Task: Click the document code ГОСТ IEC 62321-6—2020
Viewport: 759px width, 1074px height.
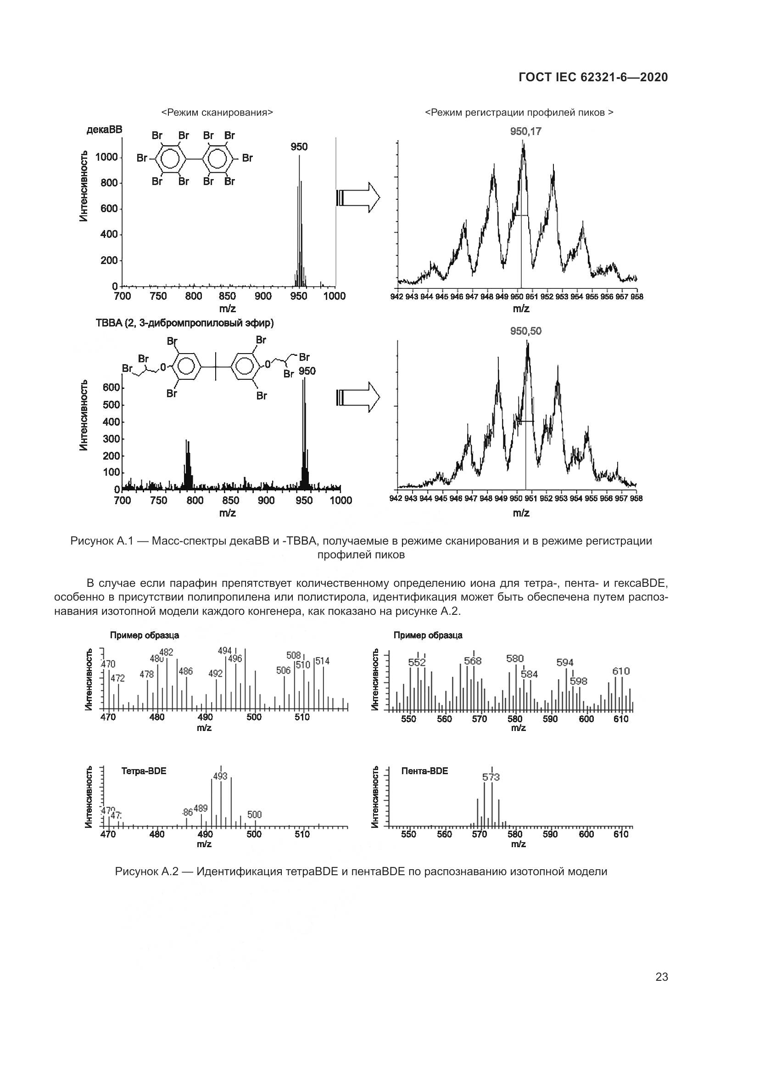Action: click(593, 77)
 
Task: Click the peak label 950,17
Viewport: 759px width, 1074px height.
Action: click(526, 131)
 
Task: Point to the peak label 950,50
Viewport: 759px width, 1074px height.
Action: click(526, 331)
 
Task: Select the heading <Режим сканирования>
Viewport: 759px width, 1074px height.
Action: click(218, 113)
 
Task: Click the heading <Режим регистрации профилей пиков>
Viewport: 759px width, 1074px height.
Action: click(519, 113)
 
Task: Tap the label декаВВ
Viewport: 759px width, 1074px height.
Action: click(104, 130)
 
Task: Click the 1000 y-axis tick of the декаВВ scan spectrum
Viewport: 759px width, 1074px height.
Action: click(106, 157)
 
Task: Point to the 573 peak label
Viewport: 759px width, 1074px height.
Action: click(491, 777)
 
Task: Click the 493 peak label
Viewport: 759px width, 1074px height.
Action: click(220, 776)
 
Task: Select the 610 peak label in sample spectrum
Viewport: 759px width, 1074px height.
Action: click(621, 671)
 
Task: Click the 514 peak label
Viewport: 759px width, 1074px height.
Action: click(323, 661)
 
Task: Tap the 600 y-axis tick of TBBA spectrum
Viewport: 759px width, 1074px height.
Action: click(111, 388)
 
